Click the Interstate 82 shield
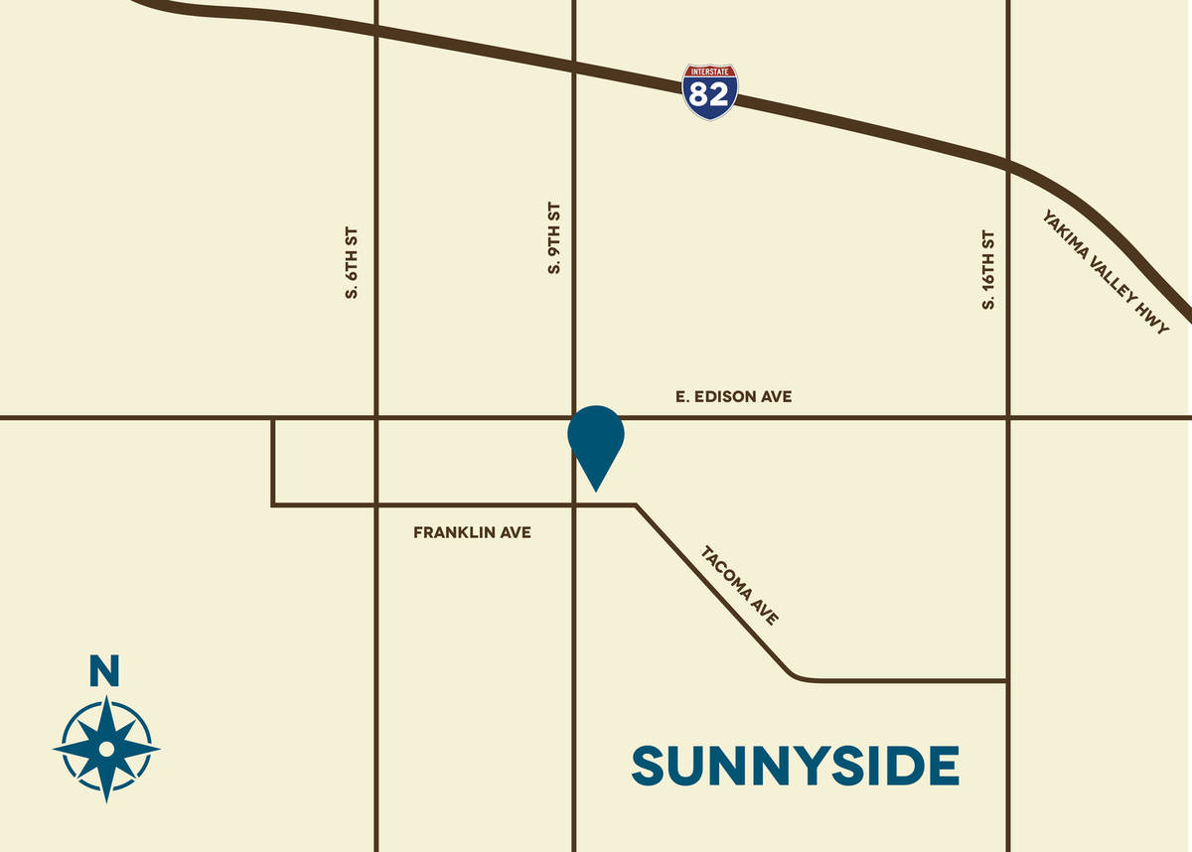(709, 92)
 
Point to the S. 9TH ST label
(554, 239)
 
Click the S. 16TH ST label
(988, 270)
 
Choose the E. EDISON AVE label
(733, 397)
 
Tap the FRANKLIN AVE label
(472, 533)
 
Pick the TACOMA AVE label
(740, 585)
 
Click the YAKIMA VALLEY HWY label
(1106, 271)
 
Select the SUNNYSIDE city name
(796, 767)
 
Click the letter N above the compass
(104, 672)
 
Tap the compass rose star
(105, 747)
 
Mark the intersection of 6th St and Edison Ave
(376, 418)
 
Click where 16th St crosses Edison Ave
(1008, 418)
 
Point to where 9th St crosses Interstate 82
(574, 67)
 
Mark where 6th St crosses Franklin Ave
(376, 505)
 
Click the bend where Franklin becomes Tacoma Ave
(636, 505)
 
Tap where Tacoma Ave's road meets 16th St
(1008, 681)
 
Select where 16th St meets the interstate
(1008, 164)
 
